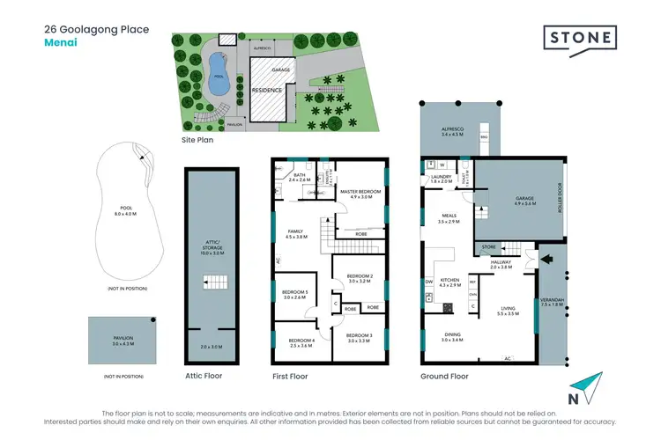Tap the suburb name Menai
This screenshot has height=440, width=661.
click(x=57, y=41)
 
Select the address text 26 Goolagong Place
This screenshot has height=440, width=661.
click(x=96, y=28)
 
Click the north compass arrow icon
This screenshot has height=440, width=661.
click(x=576, y=388)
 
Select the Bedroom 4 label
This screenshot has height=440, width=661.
click(x=301, y=341)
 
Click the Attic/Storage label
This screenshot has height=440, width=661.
click(x=212, y=248)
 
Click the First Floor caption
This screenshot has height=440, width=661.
click(x=291, y=377)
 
